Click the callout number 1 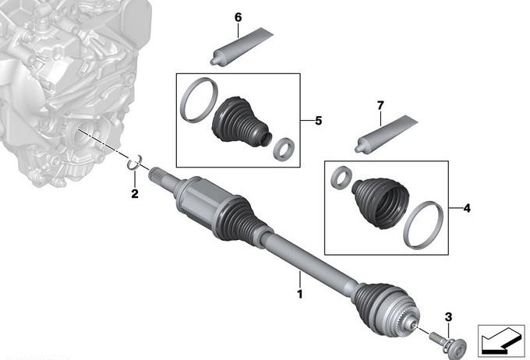[299, 294]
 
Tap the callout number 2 [135, 194]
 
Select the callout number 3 [448, 317]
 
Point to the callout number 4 [467, 208]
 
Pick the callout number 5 [319, 121]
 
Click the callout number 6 [238, 17]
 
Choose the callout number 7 [380, 105]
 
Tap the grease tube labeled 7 [385, 134]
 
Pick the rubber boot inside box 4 [381, 203]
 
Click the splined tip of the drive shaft [157, 175]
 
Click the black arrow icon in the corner [501, 341]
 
